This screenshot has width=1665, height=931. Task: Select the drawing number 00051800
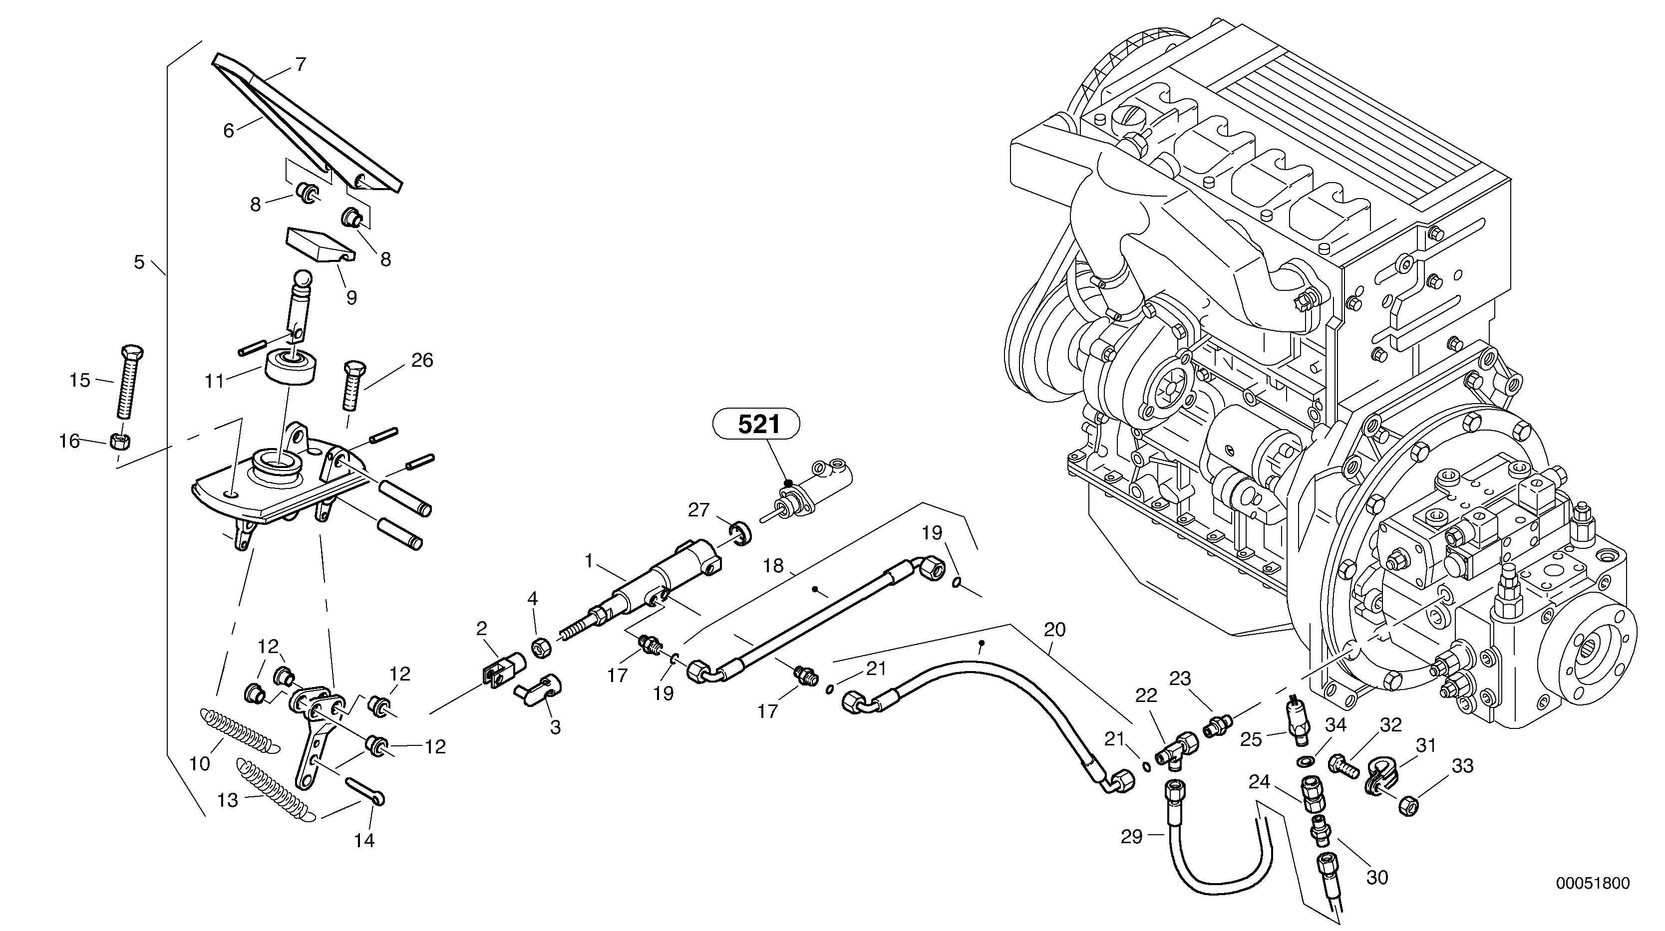pyautogui.click(x=1592, y=883)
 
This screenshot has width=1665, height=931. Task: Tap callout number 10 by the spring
pyautogui.click(x=200, y=764)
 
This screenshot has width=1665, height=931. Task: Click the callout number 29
pyautogui.click(x=1131, y=837)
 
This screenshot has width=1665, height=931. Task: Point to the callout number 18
pyautogui.click(x=773, y=567)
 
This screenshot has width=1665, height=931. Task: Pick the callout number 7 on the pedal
pyautogui.click(x=301, y=64)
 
